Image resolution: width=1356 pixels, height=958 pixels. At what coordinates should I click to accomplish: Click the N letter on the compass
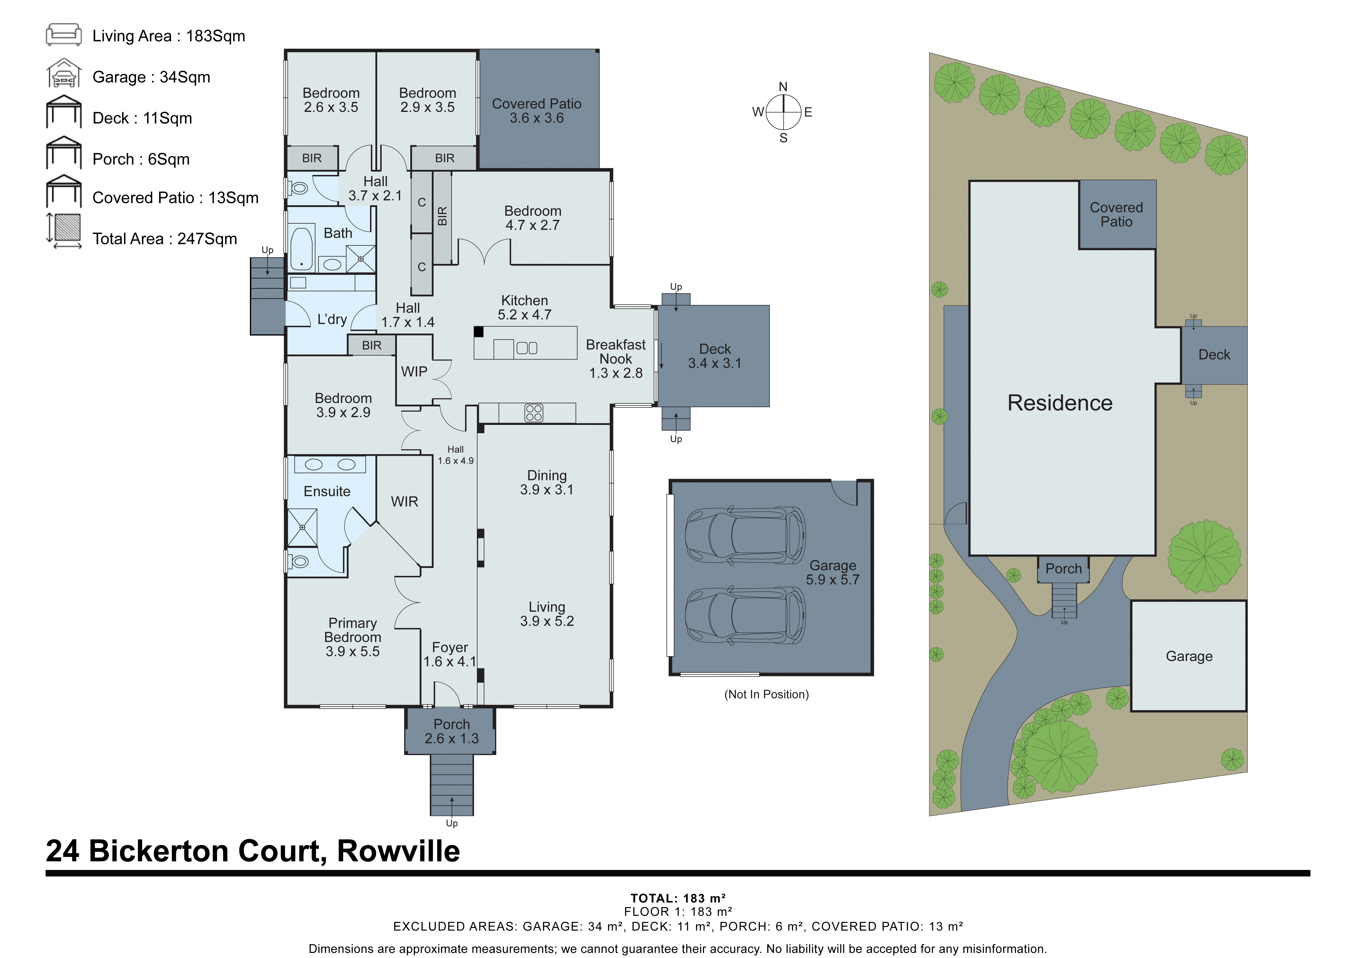click(783, 87)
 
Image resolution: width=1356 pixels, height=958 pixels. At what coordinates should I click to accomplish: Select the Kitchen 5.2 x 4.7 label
click(524, 307)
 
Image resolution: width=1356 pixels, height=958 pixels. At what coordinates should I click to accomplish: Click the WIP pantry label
click(414, 372)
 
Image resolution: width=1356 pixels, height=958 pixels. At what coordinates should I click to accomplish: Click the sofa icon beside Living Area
click(64, 35)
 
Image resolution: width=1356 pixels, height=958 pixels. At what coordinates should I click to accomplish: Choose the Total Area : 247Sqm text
click(165, 239)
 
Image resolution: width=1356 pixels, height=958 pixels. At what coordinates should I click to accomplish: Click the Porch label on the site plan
click(1063, 569)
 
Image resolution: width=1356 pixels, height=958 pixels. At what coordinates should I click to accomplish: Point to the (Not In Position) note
click(766, 694)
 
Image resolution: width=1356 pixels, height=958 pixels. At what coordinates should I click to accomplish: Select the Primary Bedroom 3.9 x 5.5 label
click(352, 638)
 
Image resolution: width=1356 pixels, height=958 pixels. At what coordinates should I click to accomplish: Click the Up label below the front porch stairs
click(452, 824)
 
